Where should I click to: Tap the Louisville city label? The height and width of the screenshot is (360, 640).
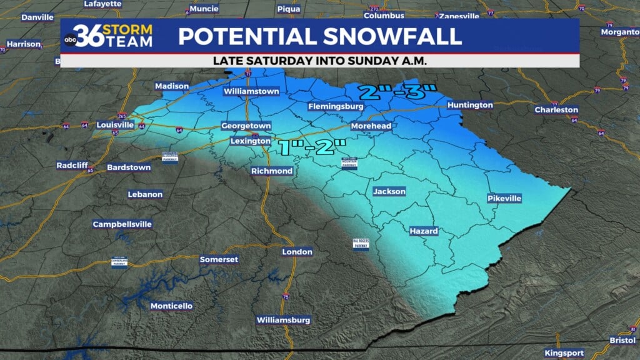tap(116, 124)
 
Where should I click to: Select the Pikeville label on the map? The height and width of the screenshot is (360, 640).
tap(504, 198)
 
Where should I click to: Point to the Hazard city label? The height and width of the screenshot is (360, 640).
tap(423, 231)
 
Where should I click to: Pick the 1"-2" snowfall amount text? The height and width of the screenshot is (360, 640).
tap(312, 148)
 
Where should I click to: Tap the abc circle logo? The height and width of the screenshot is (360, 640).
tap(70, 41)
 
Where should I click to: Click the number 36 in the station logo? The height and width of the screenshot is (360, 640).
tap(88, 35)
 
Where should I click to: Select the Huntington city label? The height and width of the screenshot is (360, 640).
tap(470, 105)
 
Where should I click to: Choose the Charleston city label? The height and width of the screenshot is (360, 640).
tap(556, 110)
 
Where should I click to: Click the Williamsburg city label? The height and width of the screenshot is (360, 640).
tap(283, 320)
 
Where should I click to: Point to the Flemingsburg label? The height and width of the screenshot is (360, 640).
tap(336, 107)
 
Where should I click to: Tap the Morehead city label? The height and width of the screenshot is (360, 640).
tap(371, 126)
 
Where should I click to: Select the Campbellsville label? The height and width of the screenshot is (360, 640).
tap(122, 224)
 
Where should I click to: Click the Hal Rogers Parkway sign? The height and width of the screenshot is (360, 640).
tap(361, 244)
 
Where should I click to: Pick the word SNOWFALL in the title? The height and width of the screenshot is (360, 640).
tap(390, 36)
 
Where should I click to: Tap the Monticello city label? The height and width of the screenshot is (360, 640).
tap(171, 306)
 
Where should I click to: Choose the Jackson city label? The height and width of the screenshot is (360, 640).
tap(389, 191)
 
